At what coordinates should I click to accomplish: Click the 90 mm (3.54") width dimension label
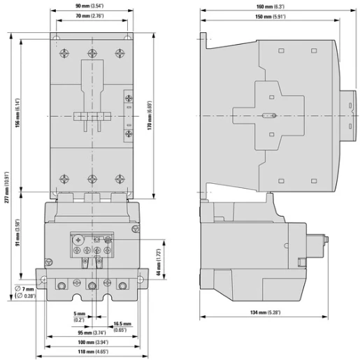click(x=89, y=6)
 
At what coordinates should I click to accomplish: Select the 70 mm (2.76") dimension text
click(x=89, y=16)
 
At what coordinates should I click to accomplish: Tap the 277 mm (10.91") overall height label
click(x=7, y=187)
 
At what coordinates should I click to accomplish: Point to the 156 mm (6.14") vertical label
click(x=17, y=113)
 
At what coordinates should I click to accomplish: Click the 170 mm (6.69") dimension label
click(x=150, y=115)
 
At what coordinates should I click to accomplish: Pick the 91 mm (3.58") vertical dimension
click(x=17, y=233)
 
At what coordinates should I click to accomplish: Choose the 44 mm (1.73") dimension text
click(x=159, y=262)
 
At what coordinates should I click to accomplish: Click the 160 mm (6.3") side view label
click(x=271, y=6)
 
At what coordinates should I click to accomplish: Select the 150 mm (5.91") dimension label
click(x=271, y=17)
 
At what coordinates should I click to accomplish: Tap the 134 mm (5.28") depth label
click(x=265, y=312)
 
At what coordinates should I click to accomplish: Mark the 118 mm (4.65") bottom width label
click(x=93, y=352)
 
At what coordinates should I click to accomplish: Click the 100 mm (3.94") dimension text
click(x=93, y=342)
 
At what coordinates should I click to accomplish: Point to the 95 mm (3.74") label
click(x=92, y=333)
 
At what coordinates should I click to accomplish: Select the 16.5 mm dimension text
click(x=122, y=324)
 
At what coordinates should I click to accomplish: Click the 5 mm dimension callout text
click(x=80, y=314)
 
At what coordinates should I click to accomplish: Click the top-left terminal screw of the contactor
click(x=64, y=53)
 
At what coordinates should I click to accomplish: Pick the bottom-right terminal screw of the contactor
click(x=120, y=179)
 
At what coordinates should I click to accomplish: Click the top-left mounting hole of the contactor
click(x=56, y=38)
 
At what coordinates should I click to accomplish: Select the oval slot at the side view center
click(x=269, y=115)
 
